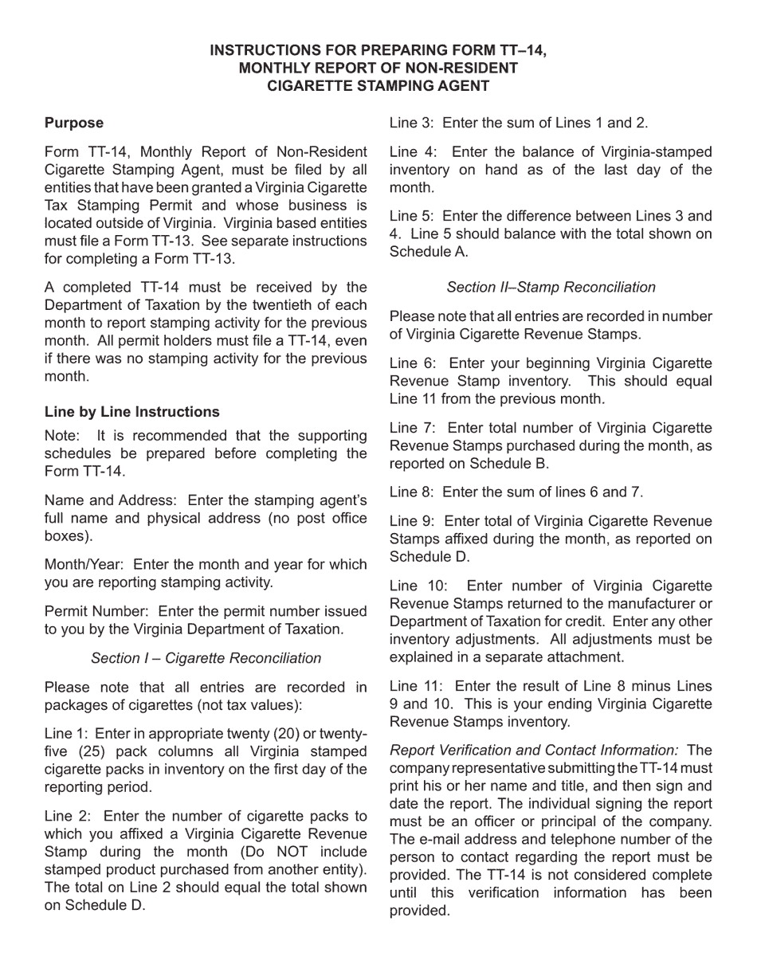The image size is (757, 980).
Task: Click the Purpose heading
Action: coord(74,123)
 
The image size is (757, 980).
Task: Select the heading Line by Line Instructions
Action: coord(132,412)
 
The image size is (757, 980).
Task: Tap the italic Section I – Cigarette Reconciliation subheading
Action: coord(206,658)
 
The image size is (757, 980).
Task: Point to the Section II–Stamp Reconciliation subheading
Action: coord(551,287)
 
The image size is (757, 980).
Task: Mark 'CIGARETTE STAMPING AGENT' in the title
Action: coord(378,86)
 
